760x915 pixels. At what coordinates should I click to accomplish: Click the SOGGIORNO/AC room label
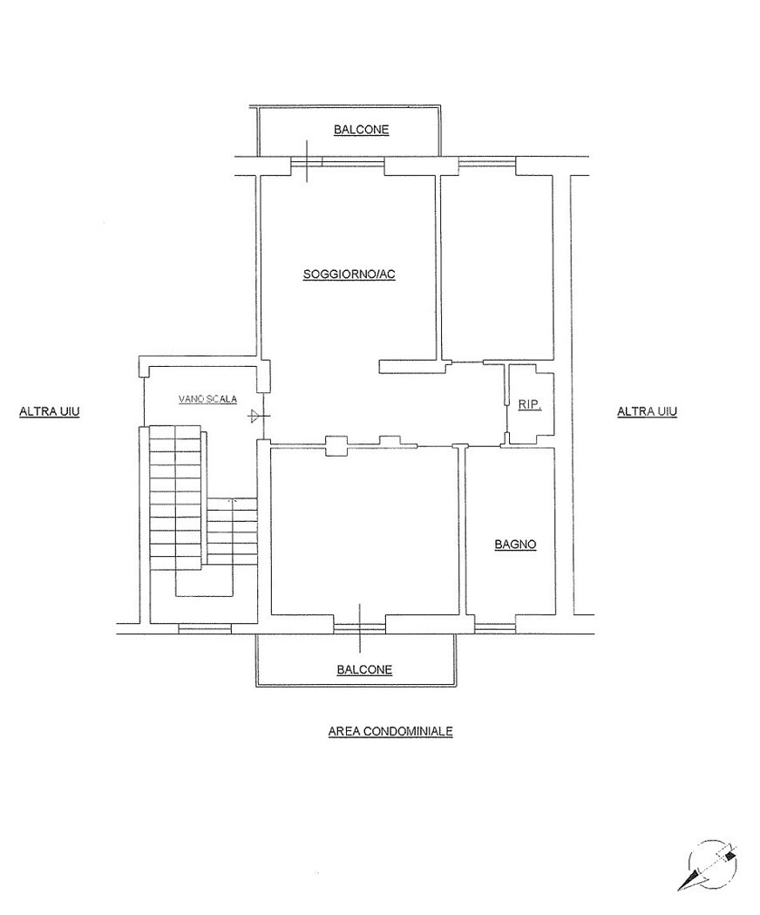pos(349,274)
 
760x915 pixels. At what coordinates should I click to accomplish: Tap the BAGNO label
pos(515,545)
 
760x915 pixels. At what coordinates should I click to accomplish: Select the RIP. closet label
pos(529,404)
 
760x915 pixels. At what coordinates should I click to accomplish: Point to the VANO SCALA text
pos(207,400)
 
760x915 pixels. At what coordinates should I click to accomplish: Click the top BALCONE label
pos(362,130)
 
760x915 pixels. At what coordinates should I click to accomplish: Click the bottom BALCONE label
pos(364,669)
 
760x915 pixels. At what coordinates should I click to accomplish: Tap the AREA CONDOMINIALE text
pos(390,730)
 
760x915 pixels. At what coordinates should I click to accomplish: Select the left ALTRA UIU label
pos(50,411)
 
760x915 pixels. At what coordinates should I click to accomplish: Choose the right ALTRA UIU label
pos(648,411)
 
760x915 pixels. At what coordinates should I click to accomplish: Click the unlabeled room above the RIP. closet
pos(497,268)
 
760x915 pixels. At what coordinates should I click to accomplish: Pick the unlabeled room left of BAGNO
pos(364,531)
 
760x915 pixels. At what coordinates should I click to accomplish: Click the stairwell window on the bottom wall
pos(205,628)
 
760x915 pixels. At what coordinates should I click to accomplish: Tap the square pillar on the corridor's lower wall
pos(336,446)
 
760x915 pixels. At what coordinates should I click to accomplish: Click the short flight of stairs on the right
pos(233,531)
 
